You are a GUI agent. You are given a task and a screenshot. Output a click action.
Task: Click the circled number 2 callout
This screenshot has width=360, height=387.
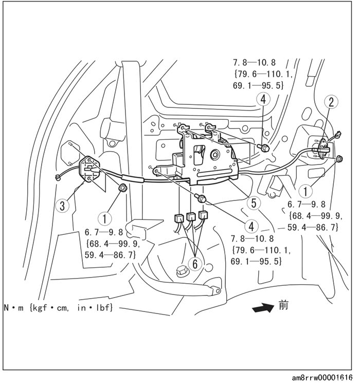pyautogui.click(x=331, y=102)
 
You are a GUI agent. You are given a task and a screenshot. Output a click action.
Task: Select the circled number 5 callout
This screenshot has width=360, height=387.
pyautogui.click(x=253, y=202)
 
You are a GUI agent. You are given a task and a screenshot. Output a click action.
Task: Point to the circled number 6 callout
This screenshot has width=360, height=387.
pyautogui.click(x=195, y=263)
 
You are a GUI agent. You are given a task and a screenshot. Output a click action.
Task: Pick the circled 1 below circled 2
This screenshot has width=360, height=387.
pyautogui.click(x=306, y=191)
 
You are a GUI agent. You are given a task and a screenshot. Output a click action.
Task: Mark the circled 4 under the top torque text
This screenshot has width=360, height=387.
pyautogui.click(x=263, y=99)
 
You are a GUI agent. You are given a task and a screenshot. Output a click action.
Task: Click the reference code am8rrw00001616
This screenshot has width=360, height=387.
pyautogui.click(x=322, y=378)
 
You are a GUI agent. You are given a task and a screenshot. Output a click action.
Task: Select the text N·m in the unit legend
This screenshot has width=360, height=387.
pyautogui.click(x=14, y=307)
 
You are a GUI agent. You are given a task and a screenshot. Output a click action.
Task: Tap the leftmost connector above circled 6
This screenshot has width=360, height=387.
pyautogui.click(x=179, y=218)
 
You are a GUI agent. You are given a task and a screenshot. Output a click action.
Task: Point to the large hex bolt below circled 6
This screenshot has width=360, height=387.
pyautogui.click(x=181, y=271)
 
